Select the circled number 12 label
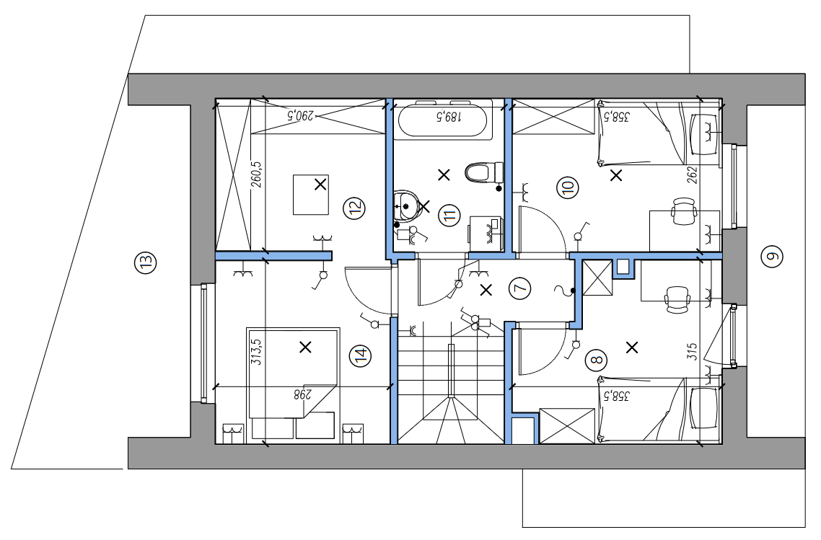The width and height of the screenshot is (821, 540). tap(354, 208)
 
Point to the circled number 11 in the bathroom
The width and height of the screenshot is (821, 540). tap(449, 215)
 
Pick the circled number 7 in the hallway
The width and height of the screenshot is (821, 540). tap(520, 288)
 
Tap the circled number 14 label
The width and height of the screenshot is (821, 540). tap(360, 356)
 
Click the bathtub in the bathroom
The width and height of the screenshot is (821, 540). tap(445, 120)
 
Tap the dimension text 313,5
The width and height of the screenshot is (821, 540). tap(257, 352)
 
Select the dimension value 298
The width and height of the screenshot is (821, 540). tap(302, 394)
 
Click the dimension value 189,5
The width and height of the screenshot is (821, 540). tap(449, 116)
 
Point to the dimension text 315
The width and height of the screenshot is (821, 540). tap(692, 351)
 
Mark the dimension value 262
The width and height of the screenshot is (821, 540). tap(692, 174)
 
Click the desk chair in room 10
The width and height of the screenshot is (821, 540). tap(684, 211)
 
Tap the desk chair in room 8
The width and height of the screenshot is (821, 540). tap(677, 300)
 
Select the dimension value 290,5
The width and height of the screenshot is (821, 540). tap(300, 115)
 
